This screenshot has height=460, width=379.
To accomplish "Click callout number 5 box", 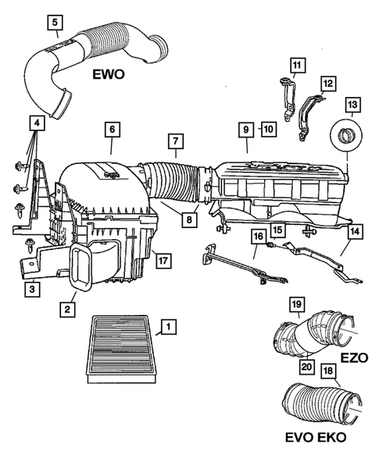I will pyautogui.click(x=55, y=22).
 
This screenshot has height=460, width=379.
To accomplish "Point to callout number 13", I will pyautogui.click(x=352, y=104).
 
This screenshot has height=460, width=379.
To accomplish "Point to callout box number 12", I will pyautogui.click(x=328, y=84).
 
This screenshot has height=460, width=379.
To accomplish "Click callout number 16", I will pyautogui.click(x=257, y=236).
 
